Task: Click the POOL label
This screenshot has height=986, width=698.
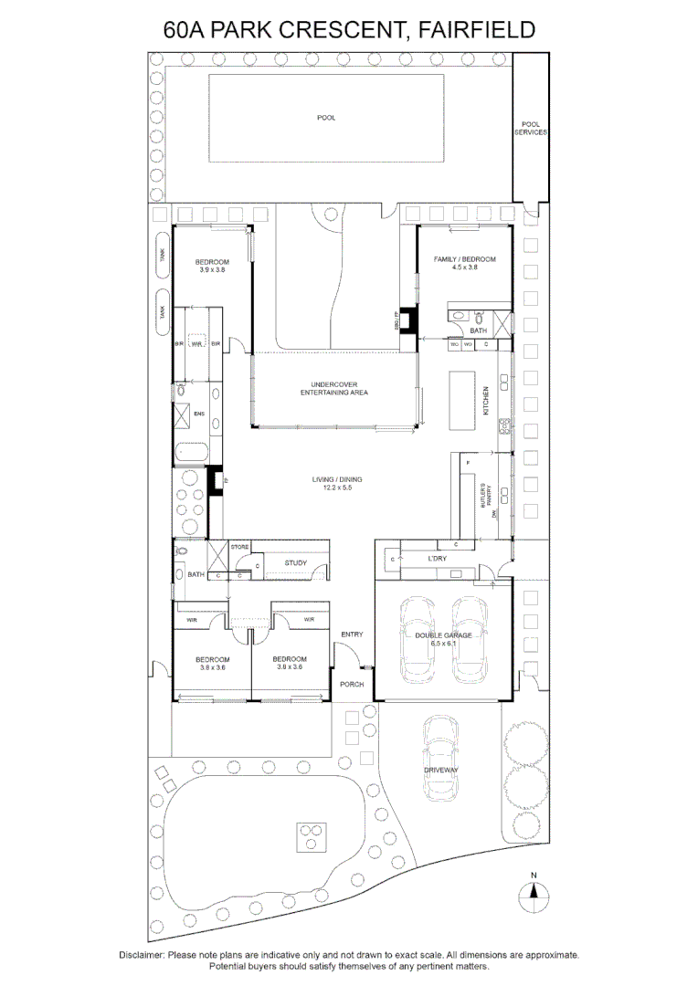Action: (326, 118)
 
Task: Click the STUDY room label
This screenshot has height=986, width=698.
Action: (295, 563)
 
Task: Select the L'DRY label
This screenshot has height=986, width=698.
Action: (436, 558)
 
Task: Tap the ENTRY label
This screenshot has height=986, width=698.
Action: (352, 635)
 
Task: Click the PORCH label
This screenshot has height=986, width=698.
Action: (352, 684)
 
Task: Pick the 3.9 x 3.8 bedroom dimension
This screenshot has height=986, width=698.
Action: (210, 270)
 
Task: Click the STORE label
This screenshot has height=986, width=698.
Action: (239, 547)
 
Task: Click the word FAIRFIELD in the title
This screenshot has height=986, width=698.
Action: (475, 30)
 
